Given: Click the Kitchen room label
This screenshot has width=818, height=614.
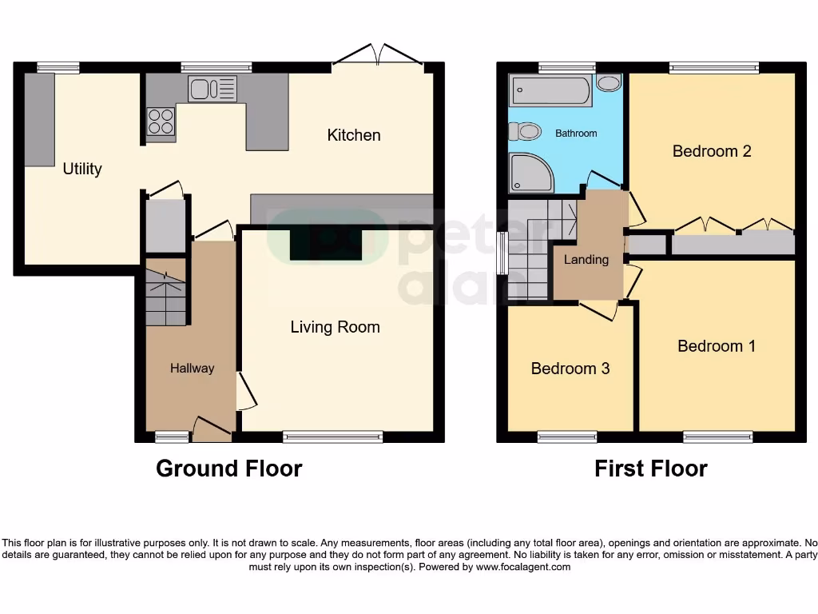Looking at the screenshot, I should click(353, 135).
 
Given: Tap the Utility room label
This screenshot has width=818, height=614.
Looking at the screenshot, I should click(82, 169).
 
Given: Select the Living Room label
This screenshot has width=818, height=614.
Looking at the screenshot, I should click(335, 327).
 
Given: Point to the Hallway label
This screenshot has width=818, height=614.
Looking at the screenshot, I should click(192, 369).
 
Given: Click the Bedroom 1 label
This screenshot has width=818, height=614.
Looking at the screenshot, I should click(716, 346).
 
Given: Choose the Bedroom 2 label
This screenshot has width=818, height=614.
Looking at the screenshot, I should click(711, 151).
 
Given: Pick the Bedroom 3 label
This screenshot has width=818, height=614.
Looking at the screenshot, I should click(570, 369).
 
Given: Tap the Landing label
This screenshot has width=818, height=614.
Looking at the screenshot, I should click(586, 260).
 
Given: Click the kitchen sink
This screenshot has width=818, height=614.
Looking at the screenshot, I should click(212, 88).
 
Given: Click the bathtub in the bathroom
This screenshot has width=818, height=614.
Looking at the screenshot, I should click(551, 90).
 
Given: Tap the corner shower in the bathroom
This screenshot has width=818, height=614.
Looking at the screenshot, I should click(530, 173).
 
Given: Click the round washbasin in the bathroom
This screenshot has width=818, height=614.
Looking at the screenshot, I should click(609, 83).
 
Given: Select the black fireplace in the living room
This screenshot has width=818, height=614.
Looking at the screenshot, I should click(326, 245).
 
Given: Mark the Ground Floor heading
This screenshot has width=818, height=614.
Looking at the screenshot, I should click(228, 468).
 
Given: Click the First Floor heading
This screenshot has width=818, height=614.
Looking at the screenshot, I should click(650, 468).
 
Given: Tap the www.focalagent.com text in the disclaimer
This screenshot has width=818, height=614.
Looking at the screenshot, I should click(522, 567).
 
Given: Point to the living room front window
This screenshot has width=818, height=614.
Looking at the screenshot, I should click(332, 437).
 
